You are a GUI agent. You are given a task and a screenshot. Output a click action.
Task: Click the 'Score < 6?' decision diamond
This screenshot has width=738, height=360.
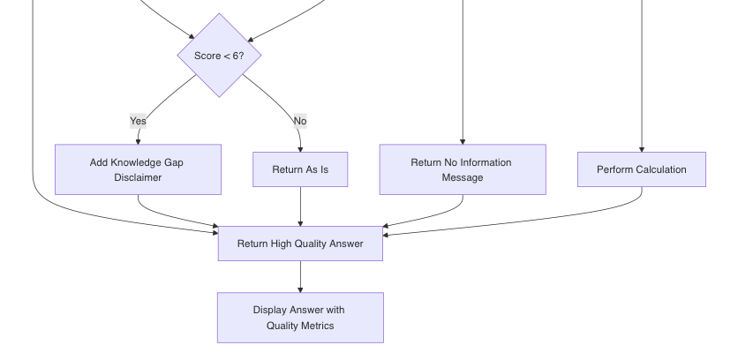pos(219,56)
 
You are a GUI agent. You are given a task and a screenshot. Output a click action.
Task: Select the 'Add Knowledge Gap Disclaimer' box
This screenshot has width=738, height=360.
pos(138,169)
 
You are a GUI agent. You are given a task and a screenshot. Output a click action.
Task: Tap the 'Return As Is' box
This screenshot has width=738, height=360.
pos(300,169)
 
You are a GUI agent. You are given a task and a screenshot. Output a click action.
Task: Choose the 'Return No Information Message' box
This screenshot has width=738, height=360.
pos(463,169)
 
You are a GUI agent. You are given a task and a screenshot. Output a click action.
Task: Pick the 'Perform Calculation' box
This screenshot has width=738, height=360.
pos(642,169)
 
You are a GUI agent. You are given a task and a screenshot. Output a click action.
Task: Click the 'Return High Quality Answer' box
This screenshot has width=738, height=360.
pos(300,244)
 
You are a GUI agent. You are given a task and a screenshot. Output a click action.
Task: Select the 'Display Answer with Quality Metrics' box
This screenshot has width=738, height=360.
pos(300,318)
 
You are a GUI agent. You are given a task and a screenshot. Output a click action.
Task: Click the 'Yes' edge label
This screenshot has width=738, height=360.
pos(138,121)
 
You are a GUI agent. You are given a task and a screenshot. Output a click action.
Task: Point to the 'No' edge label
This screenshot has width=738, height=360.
pos(300,121)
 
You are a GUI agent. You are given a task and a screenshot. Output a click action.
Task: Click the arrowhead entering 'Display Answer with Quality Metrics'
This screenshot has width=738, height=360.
pos(300,290)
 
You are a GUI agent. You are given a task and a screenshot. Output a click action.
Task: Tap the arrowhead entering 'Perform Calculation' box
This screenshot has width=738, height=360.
pos(642,149)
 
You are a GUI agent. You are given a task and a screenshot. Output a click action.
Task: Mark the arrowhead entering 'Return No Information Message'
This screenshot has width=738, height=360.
pos(463,142)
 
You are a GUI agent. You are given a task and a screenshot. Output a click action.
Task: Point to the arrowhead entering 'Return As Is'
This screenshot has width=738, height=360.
pos(300,149)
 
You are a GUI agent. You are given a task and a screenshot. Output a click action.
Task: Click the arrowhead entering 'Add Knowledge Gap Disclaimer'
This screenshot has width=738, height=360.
pos(138,142)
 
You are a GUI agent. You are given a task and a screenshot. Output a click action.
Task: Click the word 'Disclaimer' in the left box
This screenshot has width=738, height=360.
pos(138,177)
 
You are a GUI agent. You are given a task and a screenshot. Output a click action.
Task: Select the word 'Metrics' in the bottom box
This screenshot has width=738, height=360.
pos(318,326)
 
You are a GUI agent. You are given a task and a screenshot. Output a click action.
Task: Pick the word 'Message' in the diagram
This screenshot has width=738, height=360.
pos(463,177)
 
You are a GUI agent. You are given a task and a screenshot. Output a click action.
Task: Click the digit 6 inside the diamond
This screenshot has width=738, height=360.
pos(235,56)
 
